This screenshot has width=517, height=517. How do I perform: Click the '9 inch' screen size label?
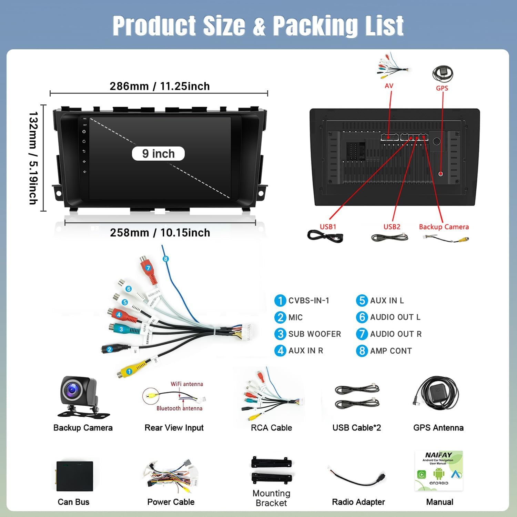(x=158, y=154)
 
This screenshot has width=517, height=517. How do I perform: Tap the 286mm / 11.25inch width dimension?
(x=160, y=86)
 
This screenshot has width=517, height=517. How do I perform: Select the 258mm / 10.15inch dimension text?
(x=160, y=233)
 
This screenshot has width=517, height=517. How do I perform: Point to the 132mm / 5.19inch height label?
(x=33, y=158)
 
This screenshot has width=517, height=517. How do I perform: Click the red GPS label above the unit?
(x=442, y=88)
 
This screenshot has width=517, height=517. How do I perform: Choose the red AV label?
(x=389, y=86)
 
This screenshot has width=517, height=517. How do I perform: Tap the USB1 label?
(x=328, y=227)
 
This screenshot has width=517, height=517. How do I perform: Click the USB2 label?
(x=392, y=227)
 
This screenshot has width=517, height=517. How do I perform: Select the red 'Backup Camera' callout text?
(x=444, y=227)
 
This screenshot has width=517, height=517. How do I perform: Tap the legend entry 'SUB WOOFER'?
(x=314, y=334)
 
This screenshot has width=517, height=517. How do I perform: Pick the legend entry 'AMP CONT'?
(x=391, y=351)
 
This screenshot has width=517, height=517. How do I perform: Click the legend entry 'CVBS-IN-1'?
(x=308, y=301)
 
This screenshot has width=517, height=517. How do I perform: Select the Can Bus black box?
(x=75, y=476)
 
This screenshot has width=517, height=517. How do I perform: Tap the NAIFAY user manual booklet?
(x=438, y=470)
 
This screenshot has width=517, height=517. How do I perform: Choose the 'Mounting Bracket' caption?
(x=271, y=498)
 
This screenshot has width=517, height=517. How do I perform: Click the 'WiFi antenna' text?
(x=187, y=384)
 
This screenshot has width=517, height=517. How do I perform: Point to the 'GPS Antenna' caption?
(x=438, y=428)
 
